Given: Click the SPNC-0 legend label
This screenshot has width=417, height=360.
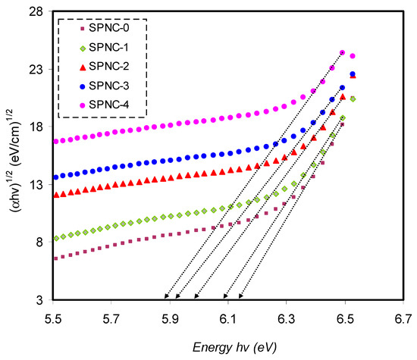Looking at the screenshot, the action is coord(109,28).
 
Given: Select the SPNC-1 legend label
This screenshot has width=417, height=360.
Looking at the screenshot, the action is coord(108,47).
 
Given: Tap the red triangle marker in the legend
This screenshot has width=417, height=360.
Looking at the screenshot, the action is coord(83,67).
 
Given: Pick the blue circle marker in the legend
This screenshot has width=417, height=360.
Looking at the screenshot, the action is coord(83,86).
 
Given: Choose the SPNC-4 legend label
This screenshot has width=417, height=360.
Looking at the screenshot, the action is coord(109,105).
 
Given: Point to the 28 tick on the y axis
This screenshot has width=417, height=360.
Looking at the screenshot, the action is coord(36,11).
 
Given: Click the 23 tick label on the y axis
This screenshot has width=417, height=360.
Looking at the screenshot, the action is coord(36,70).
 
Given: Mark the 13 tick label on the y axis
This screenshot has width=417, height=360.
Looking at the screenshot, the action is coord(36,185).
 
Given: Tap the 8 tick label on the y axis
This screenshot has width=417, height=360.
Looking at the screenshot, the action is coord(39,243).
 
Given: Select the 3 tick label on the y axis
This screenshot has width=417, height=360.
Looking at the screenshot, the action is coord(39,300).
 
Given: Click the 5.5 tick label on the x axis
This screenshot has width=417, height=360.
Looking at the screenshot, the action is coord(53,319).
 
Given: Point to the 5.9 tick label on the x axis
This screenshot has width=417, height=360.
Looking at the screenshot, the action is coord(170,319).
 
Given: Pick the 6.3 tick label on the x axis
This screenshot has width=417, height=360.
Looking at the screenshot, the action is coord(287,319).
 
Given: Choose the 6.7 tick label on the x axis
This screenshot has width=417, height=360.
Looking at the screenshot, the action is coord(403,319).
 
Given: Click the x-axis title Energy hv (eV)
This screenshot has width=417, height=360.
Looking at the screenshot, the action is coord(234,348).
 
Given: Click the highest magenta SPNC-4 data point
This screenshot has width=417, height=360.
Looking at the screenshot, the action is coord(343,52).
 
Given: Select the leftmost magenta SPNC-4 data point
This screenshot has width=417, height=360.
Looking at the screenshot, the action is coord(56,142).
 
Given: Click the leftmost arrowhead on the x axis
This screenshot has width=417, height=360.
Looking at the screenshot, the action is coord(166,297).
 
